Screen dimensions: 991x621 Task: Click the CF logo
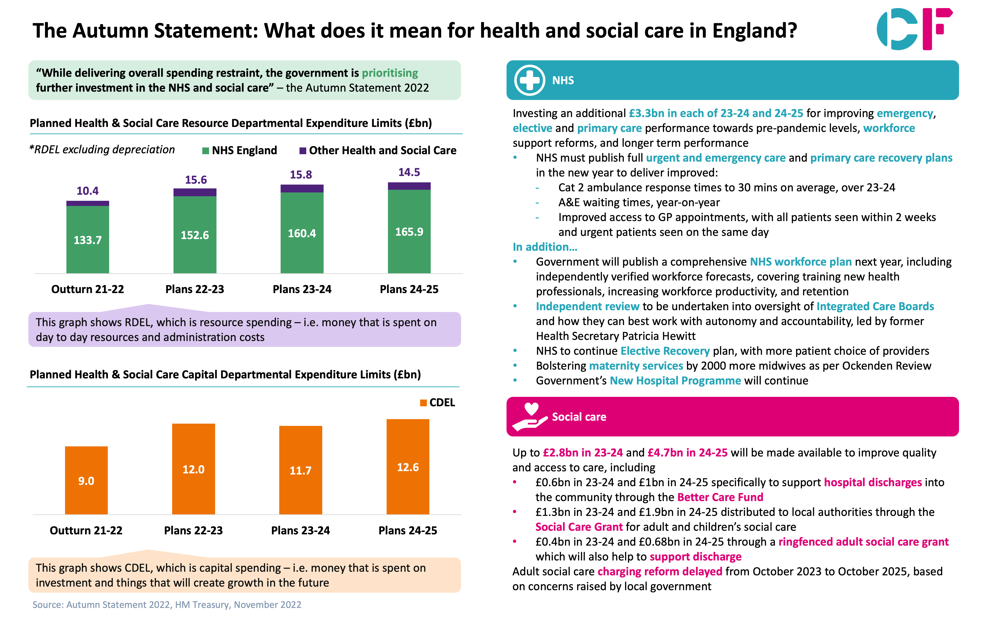click(x=914, y=29)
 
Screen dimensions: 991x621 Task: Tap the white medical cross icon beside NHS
click(x=529, y=80)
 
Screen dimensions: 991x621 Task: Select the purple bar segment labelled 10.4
click(x=88, y=203)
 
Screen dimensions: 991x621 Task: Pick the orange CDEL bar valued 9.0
click(x=86, y=480)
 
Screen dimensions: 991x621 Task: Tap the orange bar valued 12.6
click(x=408, y=467)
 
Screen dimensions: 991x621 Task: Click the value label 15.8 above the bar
click(x=301, y=175)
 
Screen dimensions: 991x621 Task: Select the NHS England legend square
click(x=206, y=151)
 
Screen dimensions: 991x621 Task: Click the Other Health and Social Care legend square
click(x=303, y=151)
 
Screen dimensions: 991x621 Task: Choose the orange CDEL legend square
click(x=423, y=403)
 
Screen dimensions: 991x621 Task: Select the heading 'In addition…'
click(x=545, y=247)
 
